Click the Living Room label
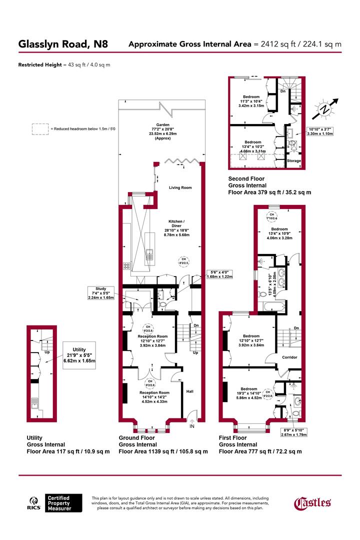pyautogui.click(x=180, y=187)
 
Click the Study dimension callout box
pyautogui.click(x=101, y=292)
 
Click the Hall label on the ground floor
pyautogui.click(x=190, y=391)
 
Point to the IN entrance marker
pyautogui.click(x=191, y=426)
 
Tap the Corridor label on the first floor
pyautogui.click(x=289, y=357)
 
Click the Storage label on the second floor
pyautogui.click(x=294, y=161)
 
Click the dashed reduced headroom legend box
pyautogui.click(x=39, y=129)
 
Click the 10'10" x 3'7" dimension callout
pyautogui.click(x=321, y=131)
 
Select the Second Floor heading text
pyautogui.click(x=246, y=178)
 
